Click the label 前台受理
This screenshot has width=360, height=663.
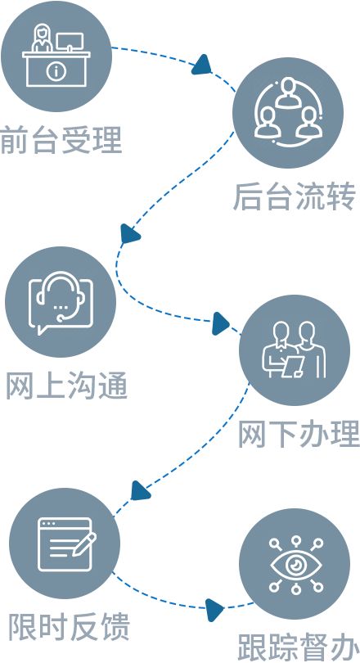[61, 140]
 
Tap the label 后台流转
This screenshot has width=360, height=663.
[294, 196]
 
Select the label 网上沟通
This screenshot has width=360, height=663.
[67, 386]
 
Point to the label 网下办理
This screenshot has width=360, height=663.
[299, 435]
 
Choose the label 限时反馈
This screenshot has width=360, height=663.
[70, 626]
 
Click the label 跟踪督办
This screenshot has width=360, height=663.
[299, 647]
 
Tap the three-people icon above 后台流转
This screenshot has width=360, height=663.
[288, 112]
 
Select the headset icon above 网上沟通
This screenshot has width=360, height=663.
[61, 302]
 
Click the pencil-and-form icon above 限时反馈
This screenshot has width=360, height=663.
[68, 544]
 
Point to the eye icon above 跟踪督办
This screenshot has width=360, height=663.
[296, 565]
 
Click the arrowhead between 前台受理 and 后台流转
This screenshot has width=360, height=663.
[201, 65]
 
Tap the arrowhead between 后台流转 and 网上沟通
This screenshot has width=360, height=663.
[129, 233]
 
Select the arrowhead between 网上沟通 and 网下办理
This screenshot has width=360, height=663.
[221, 324]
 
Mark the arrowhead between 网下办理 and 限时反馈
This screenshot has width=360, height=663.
[140, 491]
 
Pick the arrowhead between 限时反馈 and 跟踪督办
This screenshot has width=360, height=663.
[215, 610]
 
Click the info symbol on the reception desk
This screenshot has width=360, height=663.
[55, 71]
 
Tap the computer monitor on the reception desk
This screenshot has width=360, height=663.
[70, 42]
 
